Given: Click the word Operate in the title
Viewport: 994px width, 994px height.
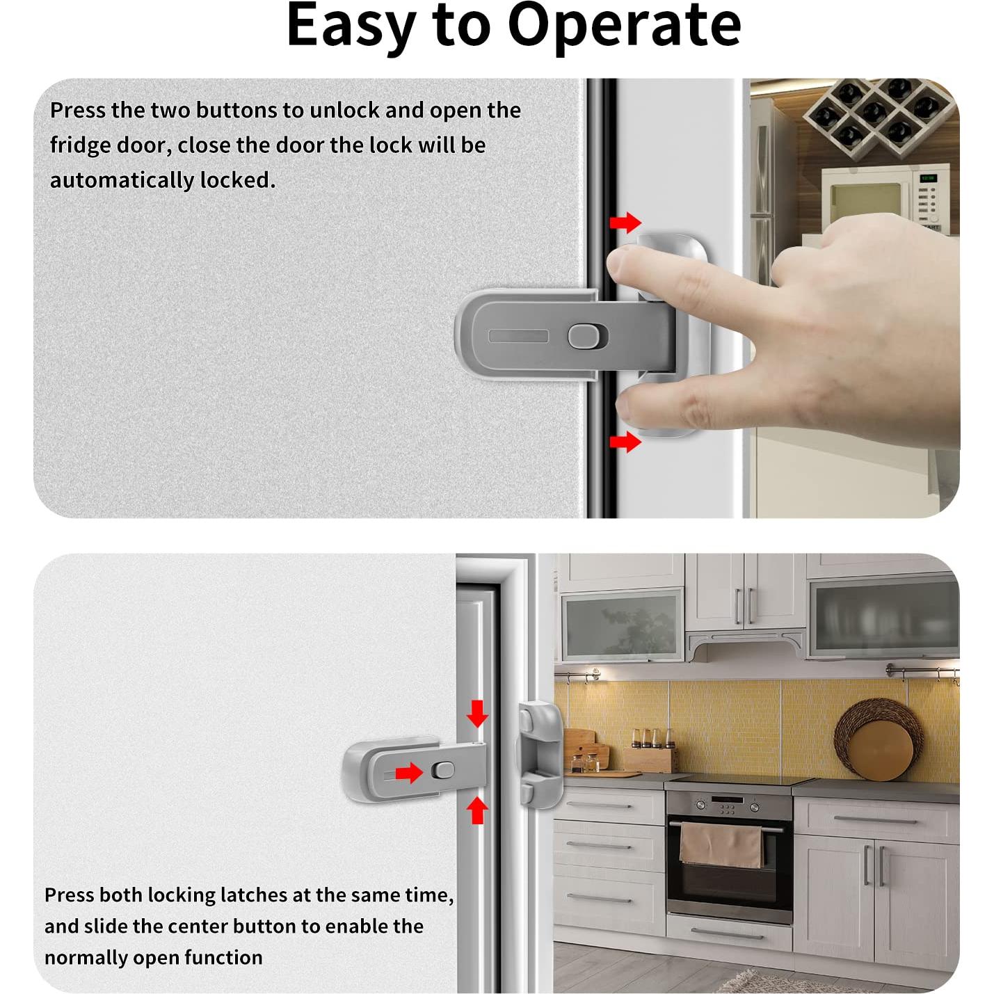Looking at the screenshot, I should point(624,26).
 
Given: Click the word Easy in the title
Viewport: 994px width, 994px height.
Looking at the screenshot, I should point(350,26).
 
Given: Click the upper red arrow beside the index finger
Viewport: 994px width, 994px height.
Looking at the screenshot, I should point(625,223).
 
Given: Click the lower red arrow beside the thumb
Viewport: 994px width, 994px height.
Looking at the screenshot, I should point(625,442).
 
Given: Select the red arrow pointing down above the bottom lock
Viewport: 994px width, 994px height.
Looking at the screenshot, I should point(477,714).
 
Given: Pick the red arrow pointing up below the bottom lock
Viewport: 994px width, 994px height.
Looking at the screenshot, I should point(477,810).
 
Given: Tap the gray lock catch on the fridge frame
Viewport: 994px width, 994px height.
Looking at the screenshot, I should point(539,755).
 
